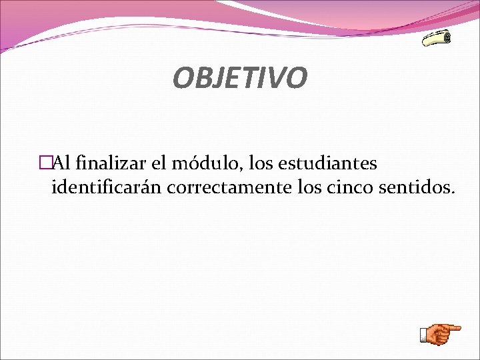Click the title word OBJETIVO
(x=240, y=77)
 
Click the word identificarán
(x=107, y=187)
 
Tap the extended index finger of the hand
(x=454, y=328)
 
